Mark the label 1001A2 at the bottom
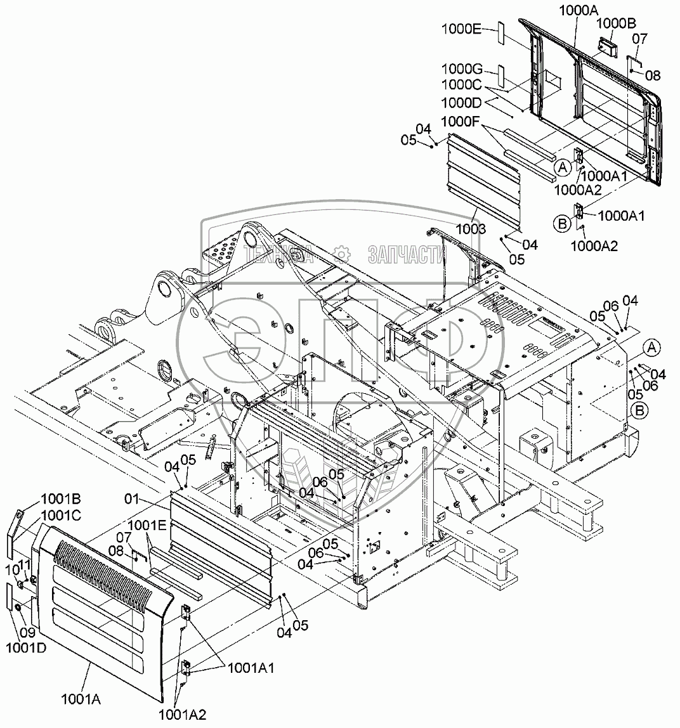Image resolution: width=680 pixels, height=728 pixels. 183,715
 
